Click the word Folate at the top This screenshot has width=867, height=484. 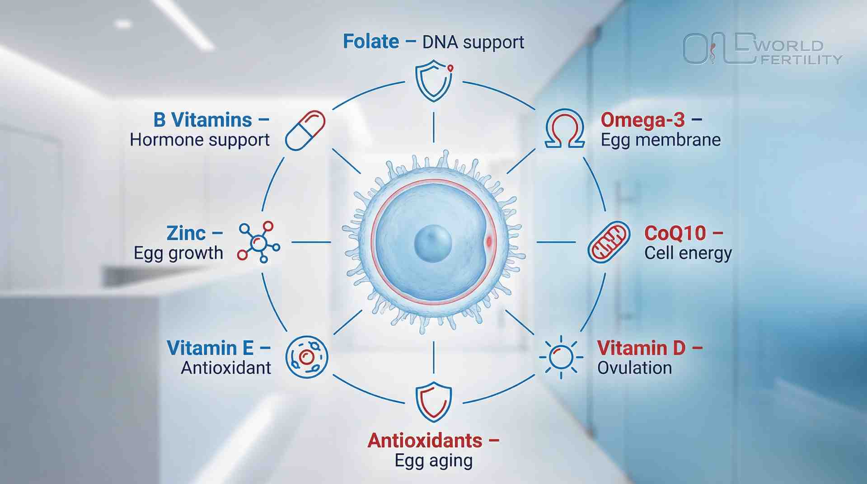pos(371,42)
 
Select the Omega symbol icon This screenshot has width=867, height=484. pos(564,129)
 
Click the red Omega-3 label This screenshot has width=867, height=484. pos(642,120)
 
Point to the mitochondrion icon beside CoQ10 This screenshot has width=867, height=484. pos(609,242)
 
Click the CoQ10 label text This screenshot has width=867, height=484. pos(675,233)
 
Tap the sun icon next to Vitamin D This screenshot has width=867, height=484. pos(561,357)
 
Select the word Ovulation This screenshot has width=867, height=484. pos(634,368)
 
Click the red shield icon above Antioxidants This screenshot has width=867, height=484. pos(434,402)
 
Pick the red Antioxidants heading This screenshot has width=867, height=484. pos(425,441)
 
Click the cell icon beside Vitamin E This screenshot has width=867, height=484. pos(307,357)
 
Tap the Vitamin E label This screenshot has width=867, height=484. pos(210,348)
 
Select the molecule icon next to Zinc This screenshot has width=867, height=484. pos(259,242)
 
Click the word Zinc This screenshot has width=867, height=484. pos(186,233)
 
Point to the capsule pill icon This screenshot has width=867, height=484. pos(305,131)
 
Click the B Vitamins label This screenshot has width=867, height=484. pos(202,120)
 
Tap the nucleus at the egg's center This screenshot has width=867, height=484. pos(433,244)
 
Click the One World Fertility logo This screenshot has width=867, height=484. pos(763,49)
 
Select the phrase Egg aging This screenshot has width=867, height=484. pos(434,461)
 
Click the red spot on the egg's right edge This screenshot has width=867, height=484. pos(489,242)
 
